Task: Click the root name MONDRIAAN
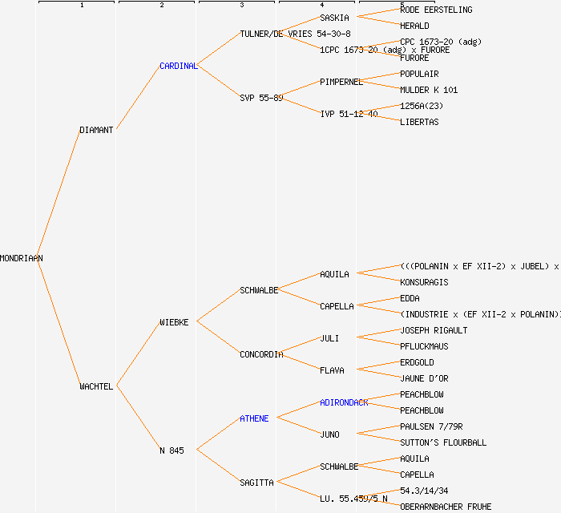pos(22,258)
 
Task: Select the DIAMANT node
pos(96,130)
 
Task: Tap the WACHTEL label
pos(96,386)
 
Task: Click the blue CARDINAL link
pos(179,66)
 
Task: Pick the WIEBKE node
pos(174,322)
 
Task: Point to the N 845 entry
pos(172,450)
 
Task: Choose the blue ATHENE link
pos(254,418)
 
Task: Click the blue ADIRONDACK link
pos(344,402)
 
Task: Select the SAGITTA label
pos(256,483)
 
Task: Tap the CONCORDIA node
pos(261,354)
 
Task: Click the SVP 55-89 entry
pos(261,98)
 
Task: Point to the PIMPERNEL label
pos(341,82)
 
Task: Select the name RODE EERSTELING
pos(436,10)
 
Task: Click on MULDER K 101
pos(429,90)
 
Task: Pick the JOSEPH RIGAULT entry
pos(434,330)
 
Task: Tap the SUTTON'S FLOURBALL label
pos(443,442)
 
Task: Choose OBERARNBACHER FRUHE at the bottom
pos(446,507)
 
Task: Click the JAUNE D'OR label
pos(424,378)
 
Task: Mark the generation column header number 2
pos(161,6)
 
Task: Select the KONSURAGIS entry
pos(424,282)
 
